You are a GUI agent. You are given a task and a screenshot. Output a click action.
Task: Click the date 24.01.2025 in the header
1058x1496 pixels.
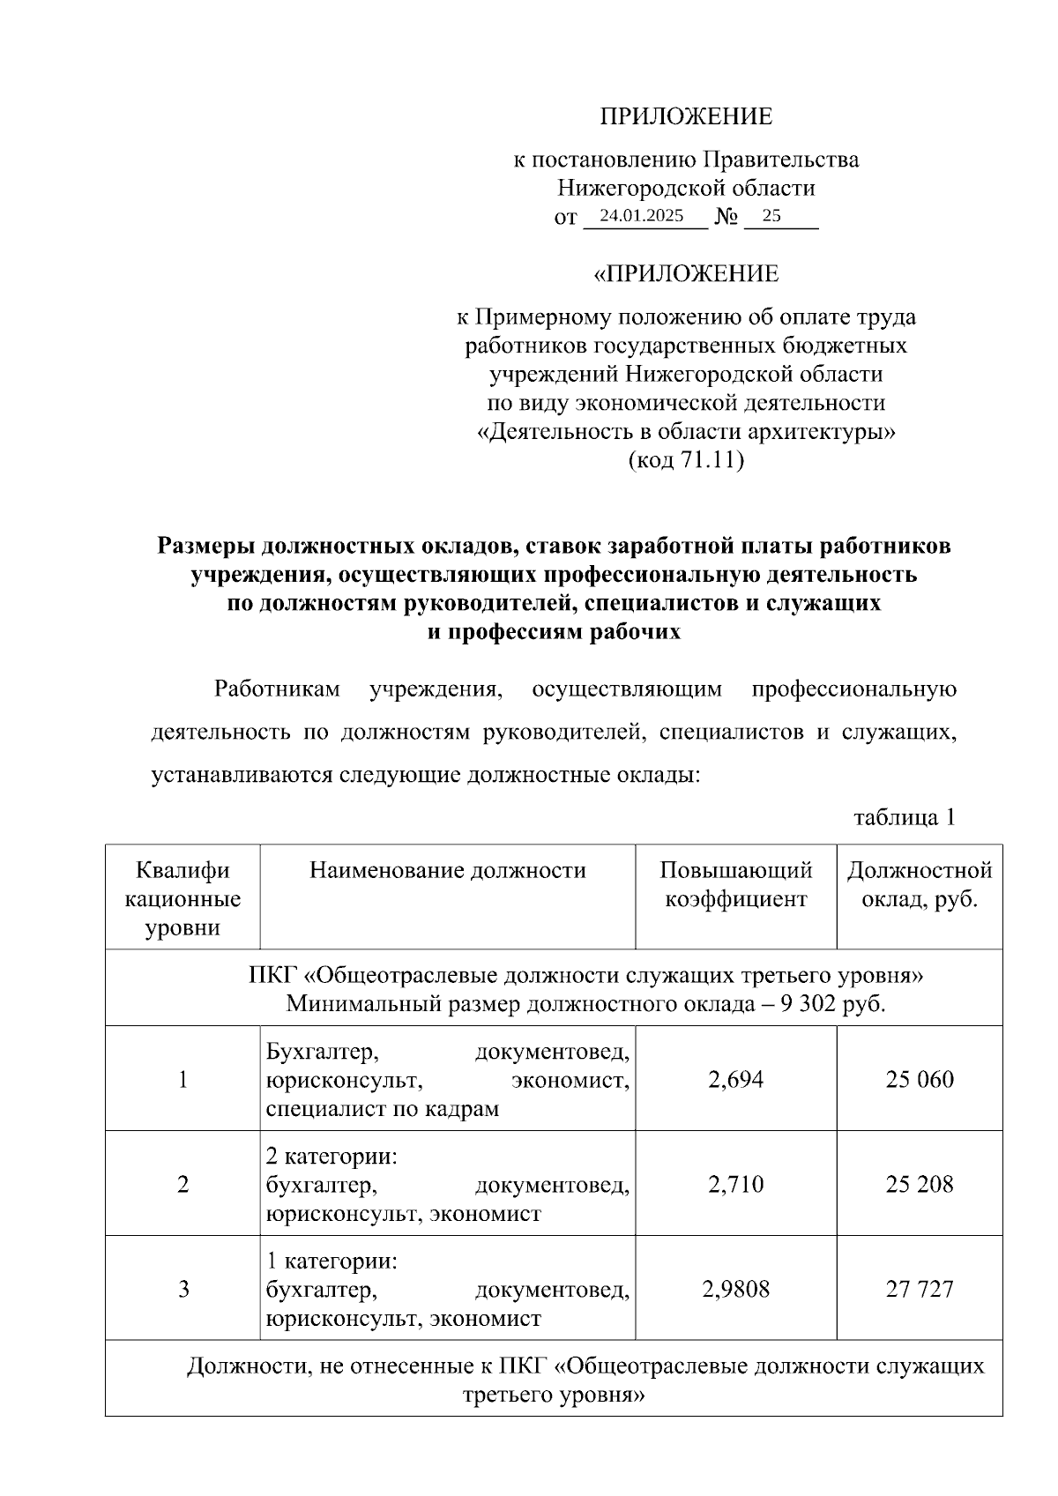tap(641, 216)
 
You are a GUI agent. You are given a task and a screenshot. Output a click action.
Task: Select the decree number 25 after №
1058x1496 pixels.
tap(771, 216)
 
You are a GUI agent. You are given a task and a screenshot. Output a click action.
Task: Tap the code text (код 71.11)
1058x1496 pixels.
tap(686, 460)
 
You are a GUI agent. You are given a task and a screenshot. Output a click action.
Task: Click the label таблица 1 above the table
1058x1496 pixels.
tap(905, 817)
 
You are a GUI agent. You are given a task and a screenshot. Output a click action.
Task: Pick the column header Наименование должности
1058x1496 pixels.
tap(447, 871)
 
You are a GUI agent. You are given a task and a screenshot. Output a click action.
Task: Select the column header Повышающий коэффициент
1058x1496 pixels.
tap(735, 885)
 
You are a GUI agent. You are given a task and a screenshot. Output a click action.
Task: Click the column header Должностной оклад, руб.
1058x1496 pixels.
tap(920, 885)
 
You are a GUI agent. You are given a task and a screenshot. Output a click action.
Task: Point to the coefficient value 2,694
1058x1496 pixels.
tap(735, 1079)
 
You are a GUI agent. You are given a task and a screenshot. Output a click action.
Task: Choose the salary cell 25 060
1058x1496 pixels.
tap(920, 1079)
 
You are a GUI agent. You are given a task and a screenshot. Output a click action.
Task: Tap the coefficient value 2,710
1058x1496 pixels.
tap(735, 1184)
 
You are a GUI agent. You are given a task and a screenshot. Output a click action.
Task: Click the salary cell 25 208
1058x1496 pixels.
tap(920, 1184)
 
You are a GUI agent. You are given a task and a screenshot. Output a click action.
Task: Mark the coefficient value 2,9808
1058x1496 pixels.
tap(735, 1290)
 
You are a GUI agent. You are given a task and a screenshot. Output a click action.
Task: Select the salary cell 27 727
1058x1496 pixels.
tap(920, 1290)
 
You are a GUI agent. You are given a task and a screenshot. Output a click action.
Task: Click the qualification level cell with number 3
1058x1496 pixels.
tap(183, 1290)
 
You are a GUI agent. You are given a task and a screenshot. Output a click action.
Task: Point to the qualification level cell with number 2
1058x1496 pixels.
tap(183, 1184)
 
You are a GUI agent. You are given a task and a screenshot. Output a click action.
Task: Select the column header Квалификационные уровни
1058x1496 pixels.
tap(183, 899)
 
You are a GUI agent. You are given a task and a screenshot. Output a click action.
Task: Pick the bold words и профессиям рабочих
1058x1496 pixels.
tap(554, 632)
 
